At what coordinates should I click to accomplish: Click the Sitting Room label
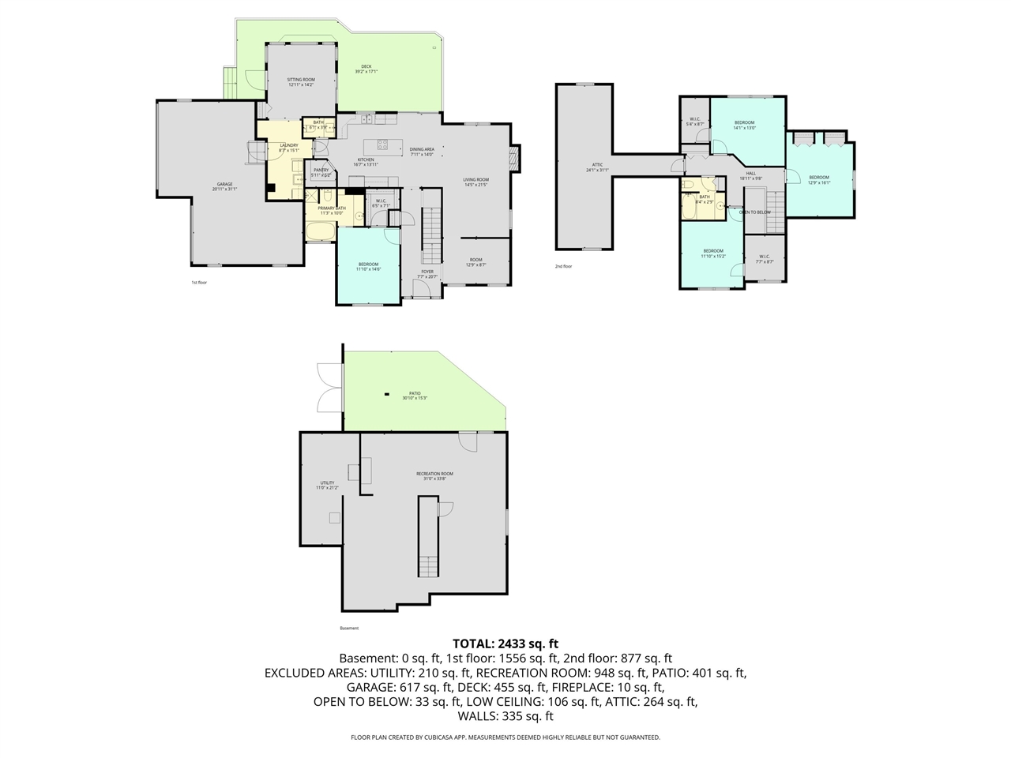(300, 81)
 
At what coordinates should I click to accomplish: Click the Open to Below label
(754, 212)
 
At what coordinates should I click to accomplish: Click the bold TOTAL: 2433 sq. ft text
(505, 644)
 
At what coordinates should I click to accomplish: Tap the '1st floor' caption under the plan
(199, 282)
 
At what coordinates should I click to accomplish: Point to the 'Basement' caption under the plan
(349, 629)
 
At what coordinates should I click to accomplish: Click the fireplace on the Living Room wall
(516, 158)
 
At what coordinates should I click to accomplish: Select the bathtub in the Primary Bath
(321, 232)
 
